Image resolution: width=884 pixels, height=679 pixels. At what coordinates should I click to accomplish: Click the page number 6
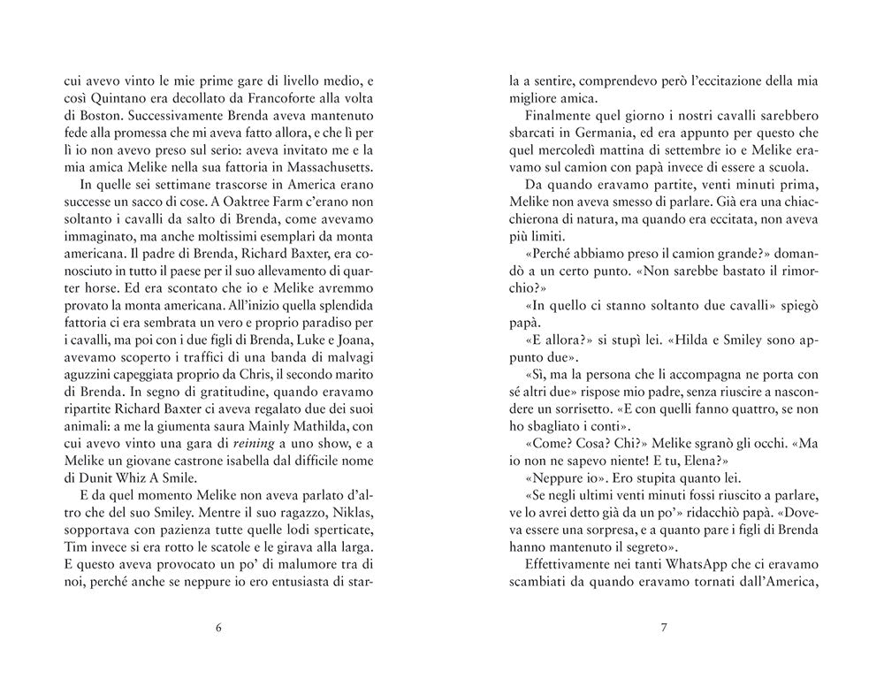[218, 629]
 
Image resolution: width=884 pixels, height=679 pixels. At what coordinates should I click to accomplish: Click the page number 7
[664, 629]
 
